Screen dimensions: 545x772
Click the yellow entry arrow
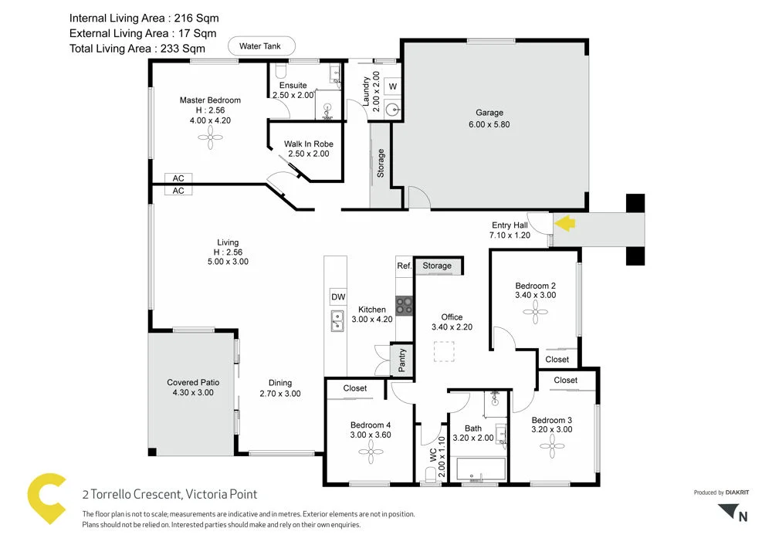(x=566, y=224)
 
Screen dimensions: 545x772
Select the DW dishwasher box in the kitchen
(x=337, y=296)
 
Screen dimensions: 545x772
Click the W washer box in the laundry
(x=392, y=86)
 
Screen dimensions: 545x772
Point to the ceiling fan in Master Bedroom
(x=210, y=138)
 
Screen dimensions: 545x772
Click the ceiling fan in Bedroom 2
(x=535, y=313)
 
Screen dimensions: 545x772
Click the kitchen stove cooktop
(x=404, y=304)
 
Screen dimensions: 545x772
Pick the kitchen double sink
(x=337, y=321)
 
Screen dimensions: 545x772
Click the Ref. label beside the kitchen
(x=404, y=266)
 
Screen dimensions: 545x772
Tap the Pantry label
(x=402, y=360)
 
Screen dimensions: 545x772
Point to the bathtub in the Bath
(x=480, y=469)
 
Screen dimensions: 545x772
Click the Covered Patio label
(x=193, y=382)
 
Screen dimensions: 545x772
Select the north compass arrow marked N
(x=733, y=513)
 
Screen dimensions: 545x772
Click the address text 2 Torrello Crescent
(x=170, y=494)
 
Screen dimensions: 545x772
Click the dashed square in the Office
(x=445, y=353)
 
